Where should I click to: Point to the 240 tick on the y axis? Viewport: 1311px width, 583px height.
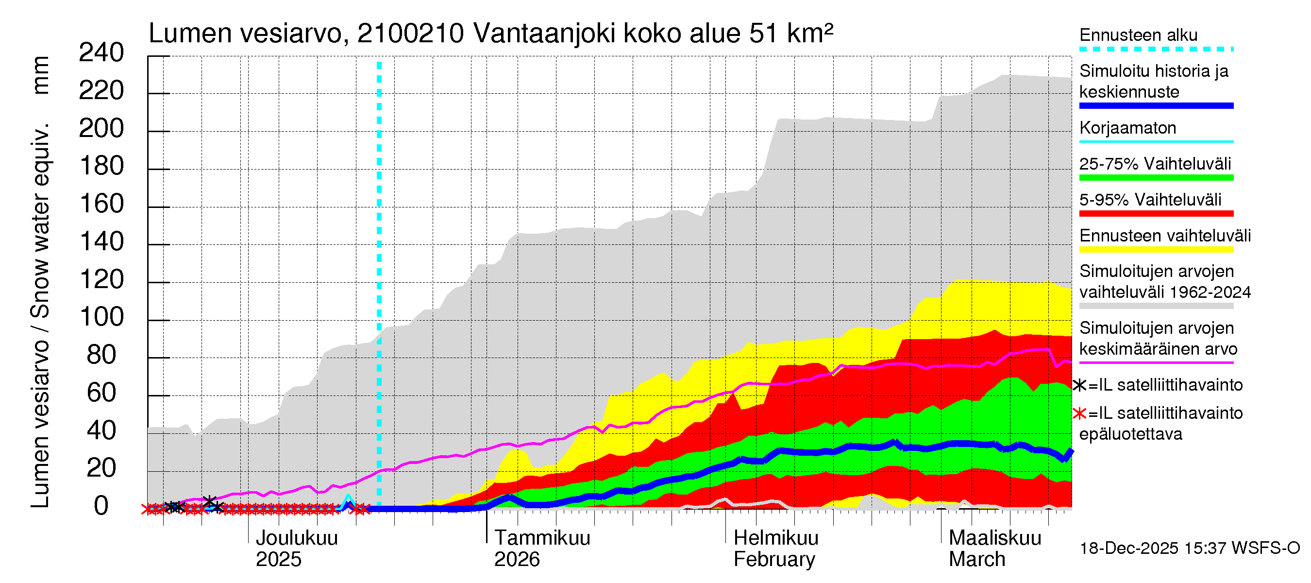coord(101,52)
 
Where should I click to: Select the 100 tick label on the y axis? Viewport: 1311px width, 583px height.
coord(101,317)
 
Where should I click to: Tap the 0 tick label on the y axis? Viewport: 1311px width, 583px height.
coord(101,506)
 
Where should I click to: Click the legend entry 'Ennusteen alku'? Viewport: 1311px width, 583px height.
coord(1138,35)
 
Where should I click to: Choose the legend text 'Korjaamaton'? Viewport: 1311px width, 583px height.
coord(1127,128)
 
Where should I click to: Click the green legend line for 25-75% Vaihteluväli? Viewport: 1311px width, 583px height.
coord(1156,178)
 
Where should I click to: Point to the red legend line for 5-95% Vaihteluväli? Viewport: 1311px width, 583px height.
coord(1156,213)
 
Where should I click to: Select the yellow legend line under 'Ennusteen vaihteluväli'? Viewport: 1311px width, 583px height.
coord(1156,250)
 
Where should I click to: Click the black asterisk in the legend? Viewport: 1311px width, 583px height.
coord(1079,385)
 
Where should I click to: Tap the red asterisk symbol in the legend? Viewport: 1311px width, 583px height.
coord(1079,413)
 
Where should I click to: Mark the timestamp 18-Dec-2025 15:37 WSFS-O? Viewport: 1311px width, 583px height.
coord(1189,549)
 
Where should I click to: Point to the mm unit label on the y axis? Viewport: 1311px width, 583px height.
coord(41,75)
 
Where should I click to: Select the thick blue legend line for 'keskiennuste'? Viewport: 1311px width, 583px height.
coord(1156,106)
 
